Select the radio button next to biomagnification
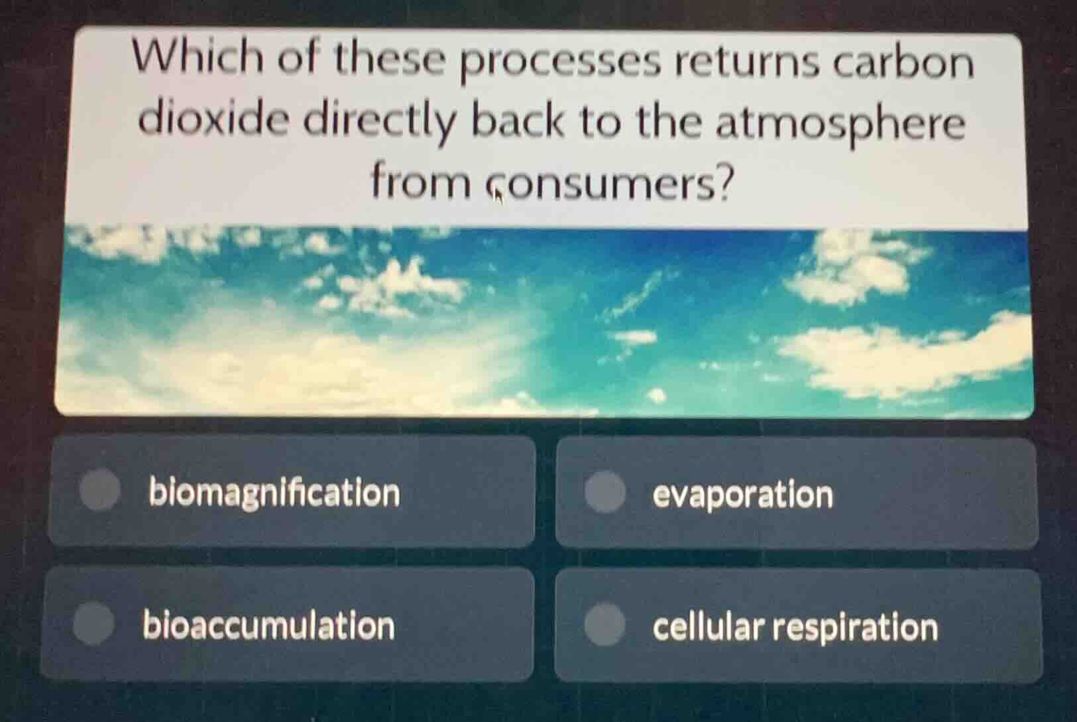(x=100, y=491)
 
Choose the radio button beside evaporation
(x=605, y=493)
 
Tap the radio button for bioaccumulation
(x=93, y=624)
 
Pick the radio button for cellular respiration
(x=604, y=624)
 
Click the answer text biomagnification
(x=274, y=493)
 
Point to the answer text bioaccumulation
(x=269, y=626)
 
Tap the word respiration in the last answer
(x=855, y=628)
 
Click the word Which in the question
(x=198, y=59)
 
